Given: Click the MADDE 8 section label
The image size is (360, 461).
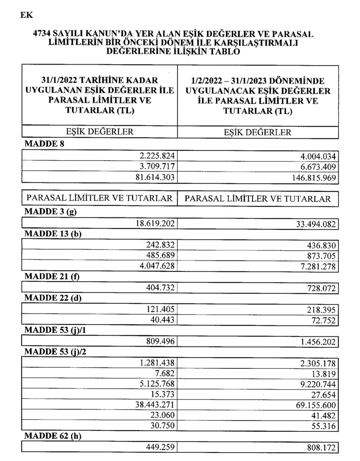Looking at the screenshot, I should click(x=41, y=145).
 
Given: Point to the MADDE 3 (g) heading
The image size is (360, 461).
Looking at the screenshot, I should click(x=48, y=212).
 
